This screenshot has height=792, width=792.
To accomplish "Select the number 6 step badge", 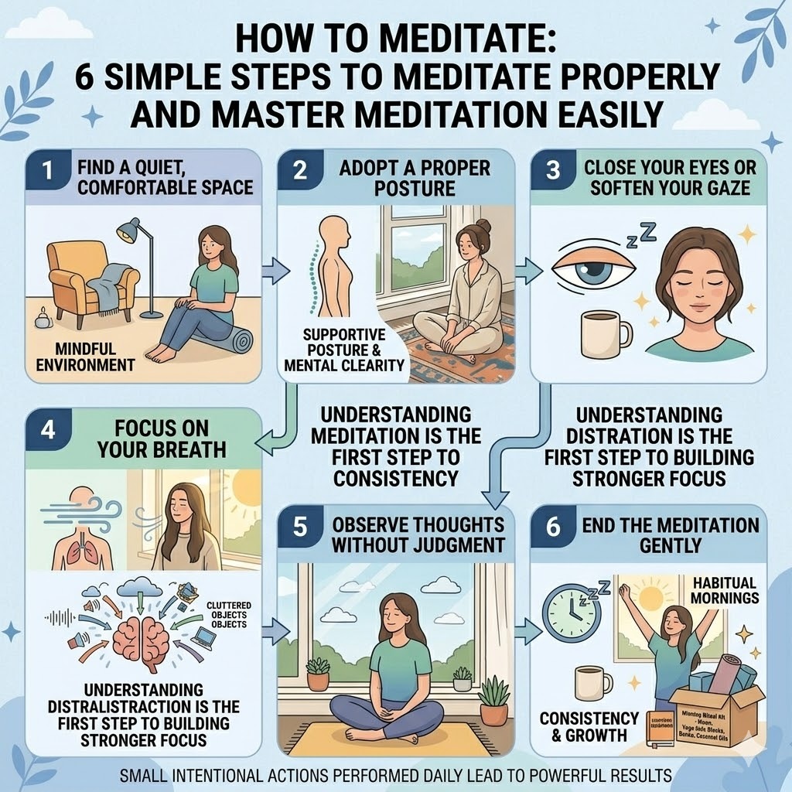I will (x=552, y=527).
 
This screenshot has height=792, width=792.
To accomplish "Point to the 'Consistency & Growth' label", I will (x=589, y=726).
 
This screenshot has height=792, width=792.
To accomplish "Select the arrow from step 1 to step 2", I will (x=275, y=271).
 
